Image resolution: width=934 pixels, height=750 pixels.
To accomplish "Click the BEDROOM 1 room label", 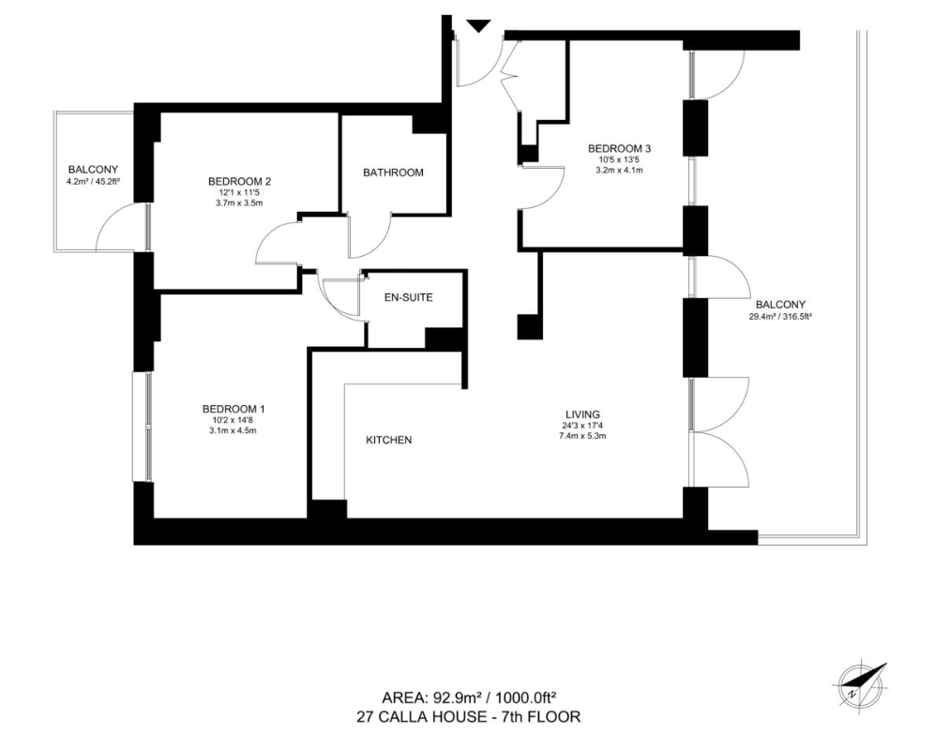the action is [x=233, y=410].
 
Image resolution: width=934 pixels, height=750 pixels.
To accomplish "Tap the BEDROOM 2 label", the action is [x=239, y=181].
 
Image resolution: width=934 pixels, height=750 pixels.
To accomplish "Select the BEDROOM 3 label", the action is [x=620, y=148].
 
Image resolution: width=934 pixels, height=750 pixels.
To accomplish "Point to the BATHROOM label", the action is [x=393, y=172].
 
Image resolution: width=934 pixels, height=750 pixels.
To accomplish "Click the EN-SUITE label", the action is [x=409, y=297].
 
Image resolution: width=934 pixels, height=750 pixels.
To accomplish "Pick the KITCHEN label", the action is [x=388, y=441].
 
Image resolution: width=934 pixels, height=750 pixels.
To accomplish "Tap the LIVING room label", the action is [x=582, y=414].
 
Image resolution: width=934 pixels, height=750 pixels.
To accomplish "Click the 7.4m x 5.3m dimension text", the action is [x=582, y=435].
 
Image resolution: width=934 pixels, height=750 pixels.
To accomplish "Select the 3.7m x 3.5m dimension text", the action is [x=239, y=202].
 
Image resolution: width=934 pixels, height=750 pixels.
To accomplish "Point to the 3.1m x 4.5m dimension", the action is [x=233, y=430].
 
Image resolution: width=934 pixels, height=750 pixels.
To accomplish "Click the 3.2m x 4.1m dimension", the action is [x=620, y=170].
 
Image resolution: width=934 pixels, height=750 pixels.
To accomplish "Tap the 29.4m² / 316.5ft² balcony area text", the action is [x=781, y=317].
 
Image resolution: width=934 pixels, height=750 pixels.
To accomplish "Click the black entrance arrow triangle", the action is [x=478, y=25].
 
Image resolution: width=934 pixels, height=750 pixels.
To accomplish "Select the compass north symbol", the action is [x=862, y=683].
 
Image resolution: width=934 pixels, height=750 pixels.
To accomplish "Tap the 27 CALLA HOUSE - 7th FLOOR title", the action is [x=468, y=716].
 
